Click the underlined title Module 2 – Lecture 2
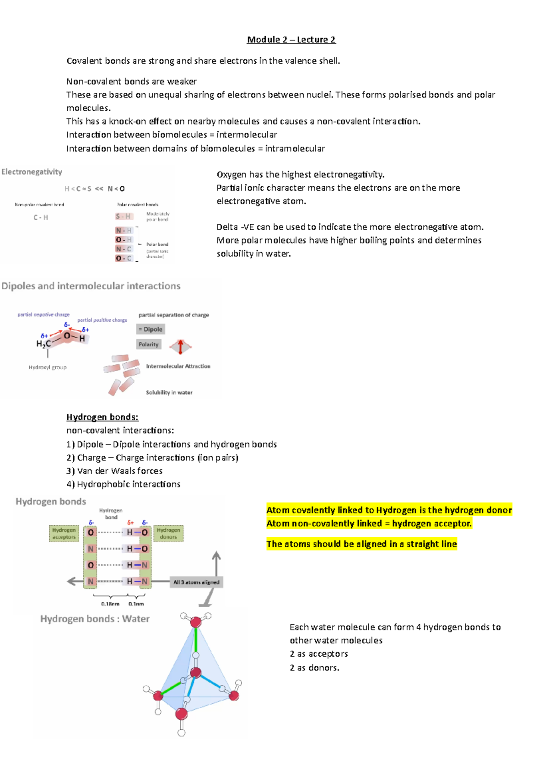click(x=291, y=40)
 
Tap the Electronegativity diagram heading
click(x=32, y=172)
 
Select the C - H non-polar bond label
click(x=41, y=218)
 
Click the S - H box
click(x=124, y=216)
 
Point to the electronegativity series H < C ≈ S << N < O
click(x=95, y=189)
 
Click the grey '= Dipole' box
click(x=151, y=329)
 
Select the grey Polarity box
click(x=149, y=345)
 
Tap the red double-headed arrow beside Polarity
click(x=181, y=347)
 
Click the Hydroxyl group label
click(x=48, y=367)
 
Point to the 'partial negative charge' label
click(x=43, y=315)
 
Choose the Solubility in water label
click(x=169, y=393)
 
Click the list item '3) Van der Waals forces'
click(x=114, y=471)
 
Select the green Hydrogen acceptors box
click(x=64, y=534)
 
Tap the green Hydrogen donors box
click(x=168, y=534)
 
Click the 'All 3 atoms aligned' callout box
click(x=196, y=583)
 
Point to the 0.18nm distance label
click(x=110, y=604)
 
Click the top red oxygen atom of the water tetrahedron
click(x=196, y=622)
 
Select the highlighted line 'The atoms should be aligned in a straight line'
click(x=361, y=544)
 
